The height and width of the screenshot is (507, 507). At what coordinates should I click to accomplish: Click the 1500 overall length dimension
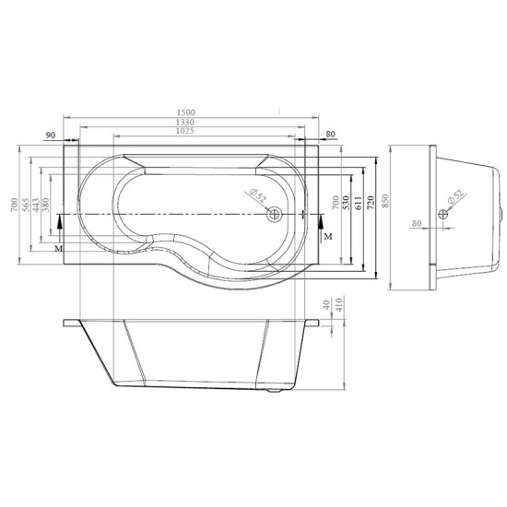pyautogui.click(x=186, y=112)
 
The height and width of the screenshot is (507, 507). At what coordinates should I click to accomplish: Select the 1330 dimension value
pyautogui.click(x=185, y=123)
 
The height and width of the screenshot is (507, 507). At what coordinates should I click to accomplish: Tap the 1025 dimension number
pyautogui.click(x=185, y=131)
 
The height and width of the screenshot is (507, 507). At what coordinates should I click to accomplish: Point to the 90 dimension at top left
pyautogui.click(x=51, y=135)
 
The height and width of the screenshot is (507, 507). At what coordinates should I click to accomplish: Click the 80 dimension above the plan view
pyautogui.click(x=330, y=134)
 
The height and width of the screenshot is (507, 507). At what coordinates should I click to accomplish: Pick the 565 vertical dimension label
pyautogui.click(x=26, y=205)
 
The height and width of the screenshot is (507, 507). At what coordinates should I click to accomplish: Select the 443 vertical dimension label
pyautogui.click(x=36, y=205)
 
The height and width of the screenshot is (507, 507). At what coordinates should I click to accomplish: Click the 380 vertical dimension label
pyautogui.click(x=45, y=205)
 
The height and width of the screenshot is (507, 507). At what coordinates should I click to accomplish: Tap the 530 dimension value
pyautogui.click(x=346, y=203)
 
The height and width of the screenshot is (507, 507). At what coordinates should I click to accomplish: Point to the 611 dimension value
pyautogui.click(x=359, y=203)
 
